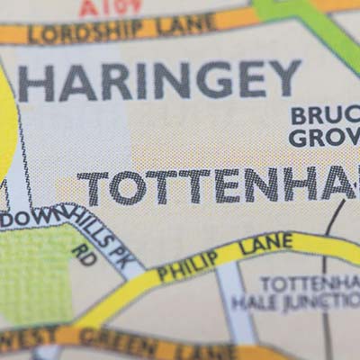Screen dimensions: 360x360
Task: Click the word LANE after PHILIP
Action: tap(267, 243)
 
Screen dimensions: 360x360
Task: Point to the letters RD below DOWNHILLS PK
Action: tap(85, 255)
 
